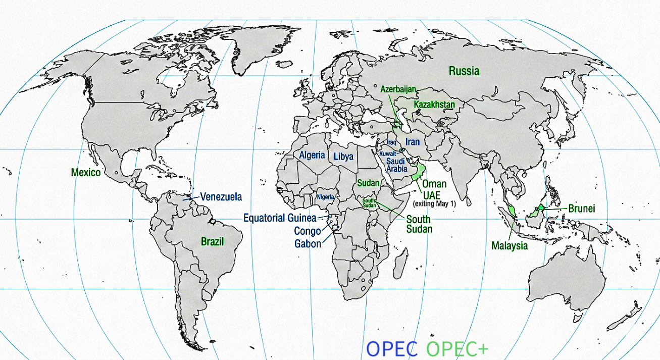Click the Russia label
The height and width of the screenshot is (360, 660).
coord(464,71)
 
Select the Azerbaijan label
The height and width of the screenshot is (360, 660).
coord(398,89)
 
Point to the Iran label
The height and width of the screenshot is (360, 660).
coord(413,142)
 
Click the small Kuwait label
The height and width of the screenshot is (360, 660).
coord(388,153)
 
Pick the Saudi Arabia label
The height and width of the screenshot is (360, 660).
coord(396,165)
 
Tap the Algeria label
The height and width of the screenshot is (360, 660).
coord(312,155)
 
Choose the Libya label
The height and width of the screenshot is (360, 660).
coord(343,157)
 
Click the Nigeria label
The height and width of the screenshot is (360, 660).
coord(325,196)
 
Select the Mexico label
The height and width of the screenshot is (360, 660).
coord(85,172)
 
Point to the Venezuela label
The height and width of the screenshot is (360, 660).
coord(221,196)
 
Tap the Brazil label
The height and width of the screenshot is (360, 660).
coord(212,241)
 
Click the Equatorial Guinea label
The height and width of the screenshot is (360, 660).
coord(280,218)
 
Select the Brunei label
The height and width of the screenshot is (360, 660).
coord(582,208)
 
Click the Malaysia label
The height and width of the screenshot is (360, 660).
coord(510,246)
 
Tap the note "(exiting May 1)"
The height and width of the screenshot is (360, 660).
coord(434,203)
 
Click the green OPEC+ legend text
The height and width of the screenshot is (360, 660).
coord(457,349)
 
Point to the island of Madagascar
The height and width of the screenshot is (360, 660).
coord(401,264)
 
